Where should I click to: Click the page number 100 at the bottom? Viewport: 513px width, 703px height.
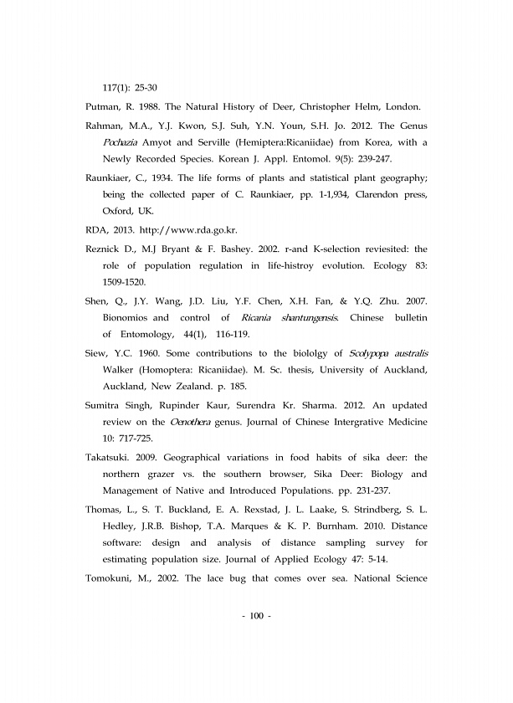tap(256, 617)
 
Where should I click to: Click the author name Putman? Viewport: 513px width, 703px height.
tap(105, 107)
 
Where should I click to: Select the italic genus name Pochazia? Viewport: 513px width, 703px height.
tap(121, 142)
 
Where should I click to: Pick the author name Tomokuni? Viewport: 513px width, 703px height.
tap(113, 578)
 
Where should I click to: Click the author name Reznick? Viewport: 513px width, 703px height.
tap(108, 249)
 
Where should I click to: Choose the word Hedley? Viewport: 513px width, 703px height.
tap(121, 526)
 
